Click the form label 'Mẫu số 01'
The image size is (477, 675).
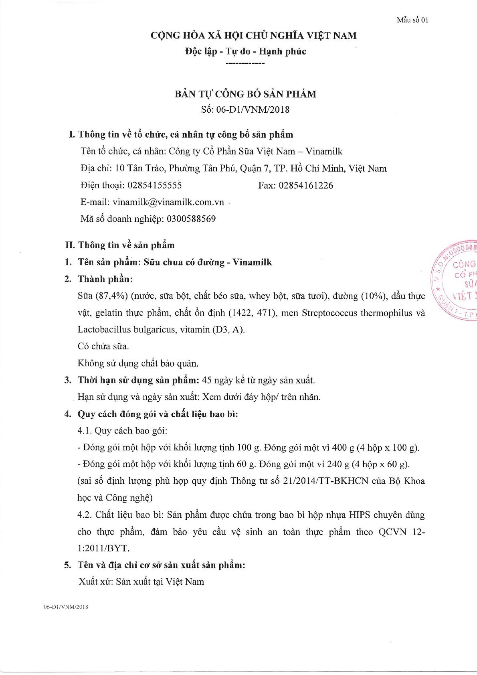point(412,20)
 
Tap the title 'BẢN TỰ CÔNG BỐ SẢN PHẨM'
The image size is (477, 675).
point(245,94)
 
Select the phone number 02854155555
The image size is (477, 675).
point(154,185)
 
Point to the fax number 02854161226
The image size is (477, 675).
point(305,185)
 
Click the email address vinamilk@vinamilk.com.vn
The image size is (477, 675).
point(168,202)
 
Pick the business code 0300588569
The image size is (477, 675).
point(191,219)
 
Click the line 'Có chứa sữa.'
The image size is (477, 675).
point(103,346)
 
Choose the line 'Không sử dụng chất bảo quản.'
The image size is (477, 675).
point(138,363)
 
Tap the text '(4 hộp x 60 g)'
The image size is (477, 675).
point(380,464)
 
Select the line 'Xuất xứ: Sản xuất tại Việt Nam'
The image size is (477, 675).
point(141,582)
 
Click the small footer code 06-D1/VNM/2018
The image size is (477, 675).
point(66,607)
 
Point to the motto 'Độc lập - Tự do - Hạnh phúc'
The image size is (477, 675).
point(245,51)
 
